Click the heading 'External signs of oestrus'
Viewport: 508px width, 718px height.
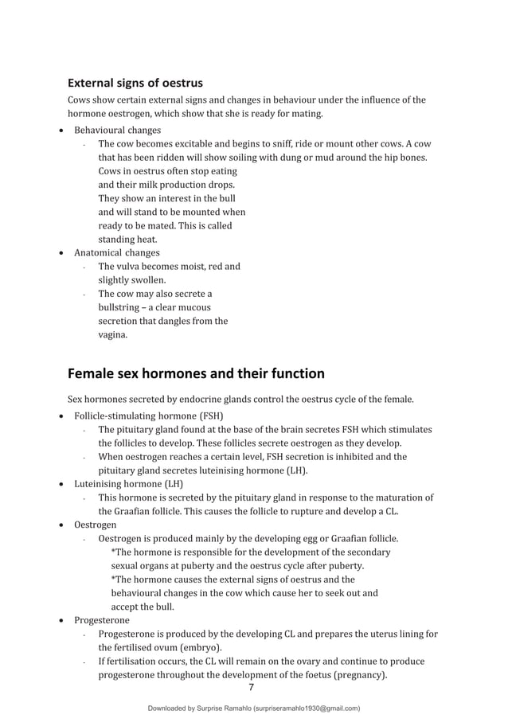(x=135, y=83)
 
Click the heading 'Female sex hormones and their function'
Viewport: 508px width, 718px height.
(x=196, y=373)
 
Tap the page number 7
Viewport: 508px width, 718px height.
(x=252, y=688)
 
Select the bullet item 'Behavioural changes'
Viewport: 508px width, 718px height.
(x=117, y=130)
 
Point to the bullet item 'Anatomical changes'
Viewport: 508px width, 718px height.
(x=116, y=252)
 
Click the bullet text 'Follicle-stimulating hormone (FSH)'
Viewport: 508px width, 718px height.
(x=148, y=416)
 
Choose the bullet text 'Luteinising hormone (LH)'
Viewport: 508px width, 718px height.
(x=128, y=483)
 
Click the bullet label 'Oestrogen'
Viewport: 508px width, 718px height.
(x=95, y=525)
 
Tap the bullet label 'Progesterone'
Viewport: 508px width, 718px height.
(x=101, y=620)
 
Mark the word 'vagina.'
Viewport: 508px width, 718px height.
(x=112, y=335)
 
